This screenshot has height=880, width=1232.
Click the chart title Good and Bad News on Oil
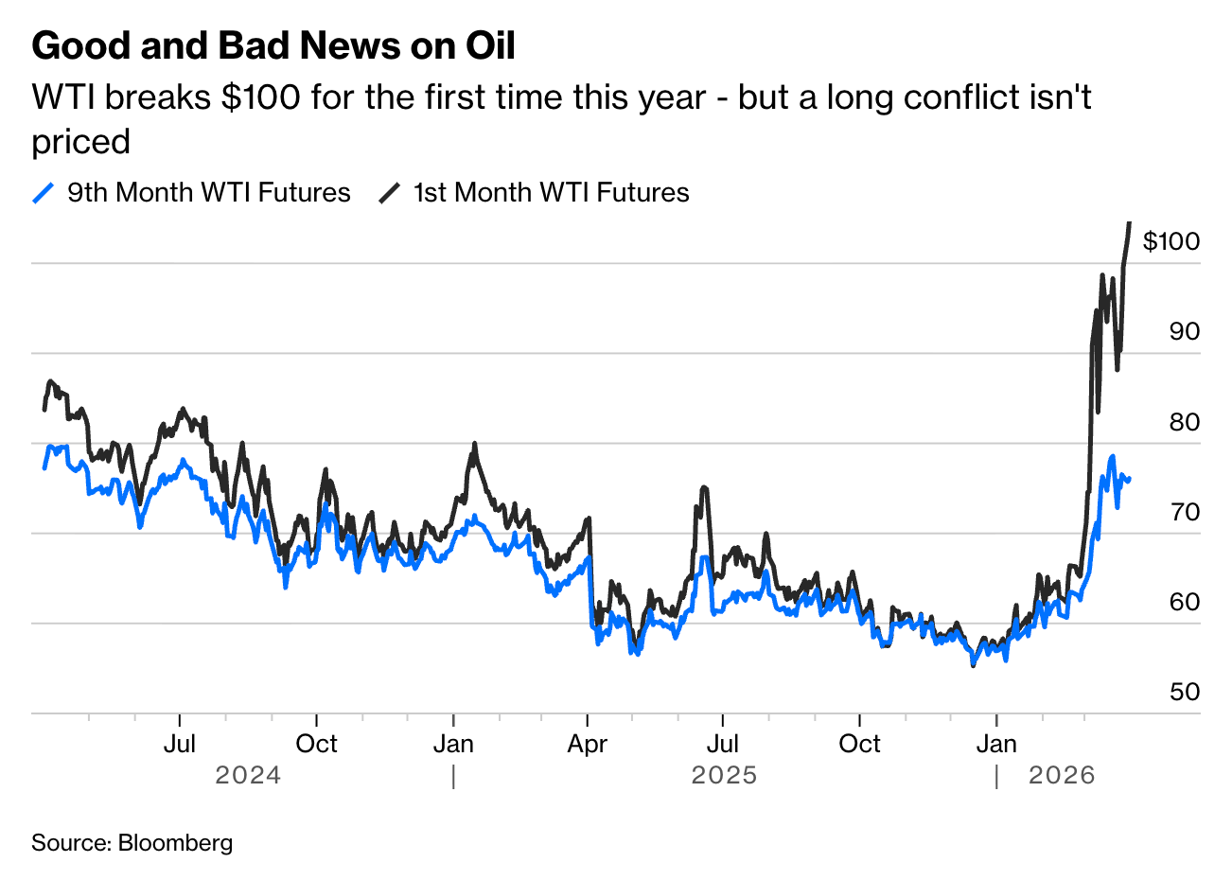[273, 45]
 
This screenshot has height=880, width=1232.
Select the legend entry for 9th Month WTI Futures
[192, 193]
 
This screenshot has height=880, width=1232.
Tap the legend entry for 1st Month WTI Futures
[535, 193]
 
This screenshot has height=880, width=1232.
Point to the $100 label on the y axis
[1170, 241]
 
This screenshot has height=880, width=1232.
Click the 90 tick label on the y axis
[1184, 331]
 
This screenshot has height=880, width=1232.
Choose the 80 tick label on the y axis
[1184, 422]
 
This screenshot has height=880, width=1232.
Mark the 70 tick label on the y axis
[1184, 512]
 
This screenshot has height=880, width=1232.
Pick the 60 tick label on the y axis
[1184, 602]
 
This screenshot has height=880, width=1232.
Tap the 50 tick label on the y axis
[1184, 692]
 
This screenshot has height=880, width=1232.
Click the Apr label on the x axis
[587, 744]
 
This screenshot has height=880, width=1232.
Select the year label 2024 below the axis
[248, 776]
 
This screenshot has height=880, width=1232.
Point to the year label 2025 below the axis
[724, 776]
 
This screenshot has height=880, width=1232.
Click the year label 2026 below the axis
[1062, 776]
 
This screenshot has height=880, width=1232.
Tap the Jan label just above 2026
[996, 744]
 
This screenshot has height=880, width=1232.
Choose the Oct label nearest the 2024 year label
[316, 744]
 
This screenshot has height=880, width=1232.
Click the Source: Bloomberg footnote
[132, 842]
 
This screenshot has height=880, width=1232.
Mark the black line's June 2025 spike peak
[704, 487]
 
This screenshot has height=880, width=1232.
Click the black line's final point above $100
[1129, 223]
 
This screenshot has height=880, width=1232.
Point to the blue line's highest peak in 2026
[1112, 456]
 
